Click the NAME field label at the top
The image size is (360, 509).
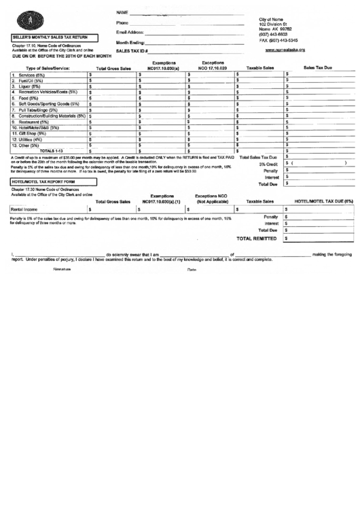[122, 13]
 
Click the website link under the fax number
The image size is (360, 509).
[285, 50]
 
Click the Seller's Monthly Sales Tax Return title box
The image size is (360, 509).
[50, 37]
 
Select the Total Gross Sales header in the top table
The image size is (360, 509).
[114, 69]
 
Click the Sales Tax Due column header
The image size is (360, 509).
[318, 68]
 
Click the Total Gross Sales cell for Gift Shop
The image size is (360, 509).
[111, 133]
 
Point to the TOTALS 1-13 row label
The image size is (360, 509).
[51, 151]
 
